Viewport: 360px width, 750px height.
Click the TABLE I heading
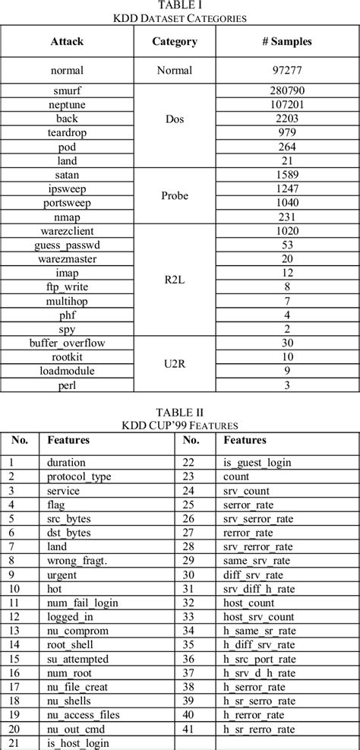coord(179,5)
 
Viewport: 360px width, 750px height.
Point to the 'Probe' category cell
coord(175,195)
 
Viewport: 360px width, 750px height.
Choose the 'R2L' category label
coord(175,279)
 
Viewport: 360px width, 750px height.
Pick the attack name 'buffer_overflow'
coord(67,343)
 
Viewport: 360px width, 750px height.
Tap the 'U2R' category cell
coord(175,364)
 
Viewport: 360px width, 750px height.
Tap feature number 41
coord(191,727)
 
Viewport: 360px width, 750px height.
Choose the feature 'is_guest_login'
coord(258,462)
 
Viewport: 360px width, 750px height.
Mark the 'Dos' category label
coord(175,119)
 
